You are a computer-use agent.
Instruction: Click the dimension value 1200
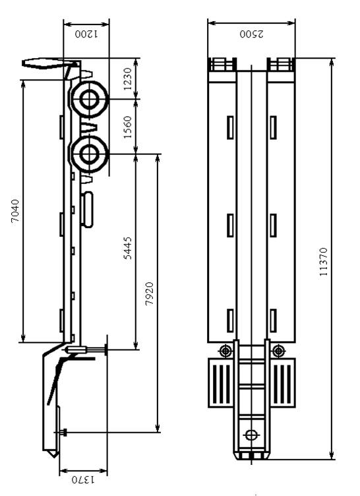[x=86, y=34]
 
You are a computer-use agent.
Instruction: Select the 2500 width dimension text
[x=251, y=34]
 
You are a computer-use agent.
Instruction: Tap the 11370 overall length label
[x=323, y=262]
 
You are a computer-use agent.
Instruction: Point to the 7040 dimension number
[x=15, y=211]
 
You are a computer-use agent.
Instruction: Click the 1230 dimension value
[x=127, y=78]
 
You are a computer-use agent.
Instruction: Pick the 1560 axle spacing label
[x=127, y=127]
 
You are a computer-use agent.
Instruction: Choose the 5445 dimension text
[x=127, y=248]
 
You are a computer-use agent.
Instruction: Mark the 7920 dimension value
[x=149, y=294]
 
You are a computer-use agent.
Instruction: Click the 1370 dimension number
[x=83, y=480]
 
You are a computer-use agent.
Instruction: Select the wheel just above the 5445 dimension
[x=89, y=154]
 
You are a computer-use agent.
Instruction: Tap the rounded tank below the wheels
[x=86, y=209]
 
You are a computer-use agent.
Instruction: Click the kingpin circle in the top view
[x=251, y=435]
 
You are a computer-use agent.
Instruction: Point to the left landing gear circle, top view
[x=225, y=351]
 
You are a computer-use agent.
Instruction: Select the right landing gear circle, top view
[x=278, y=351]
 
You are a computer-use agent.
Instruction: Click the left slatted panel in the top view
[x=220, y=383]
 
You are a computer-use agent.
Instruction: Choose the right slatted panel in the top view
[x=282, y=383]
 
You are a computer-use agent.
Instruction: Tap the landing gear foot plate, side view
[x=107, y=350]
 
